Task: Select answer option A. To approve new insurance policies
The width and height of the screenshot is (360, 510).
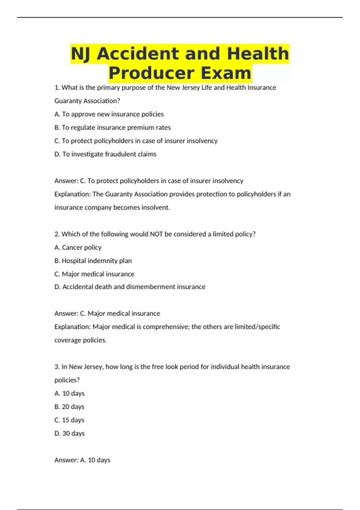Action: [109, 114]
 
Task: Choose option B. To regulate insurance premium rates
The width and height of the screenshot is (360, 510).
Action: [112, 127]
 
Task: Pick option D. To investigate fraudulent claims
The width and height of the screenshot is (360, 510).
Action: [105, 154]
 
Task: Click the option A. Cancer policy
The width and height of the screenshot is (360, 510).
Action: [78, 247]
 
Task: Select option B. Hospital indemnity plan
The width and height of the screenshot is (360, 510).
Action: [93, 261]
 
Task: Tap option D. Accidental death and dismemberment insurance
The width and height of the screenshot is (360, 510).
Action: [130, 287]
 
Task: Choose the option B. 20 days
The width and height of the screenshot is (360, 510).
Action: [69, 407]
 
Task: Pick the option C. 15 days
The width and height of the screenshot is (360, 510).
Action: [69, 420]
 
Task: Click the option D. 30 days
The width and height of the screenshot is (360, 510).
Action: [70, 433]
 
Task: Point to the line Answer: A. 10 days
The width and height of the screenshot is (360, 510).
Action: [82, 460]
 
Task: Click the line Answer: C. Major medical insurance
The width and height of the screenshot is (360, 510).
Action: [107, 313]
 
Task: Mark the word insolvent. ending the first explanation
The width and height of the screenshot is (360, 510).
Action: [156, 208]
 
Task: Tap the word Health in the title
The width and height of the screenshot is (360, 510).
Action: [258, 54]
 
